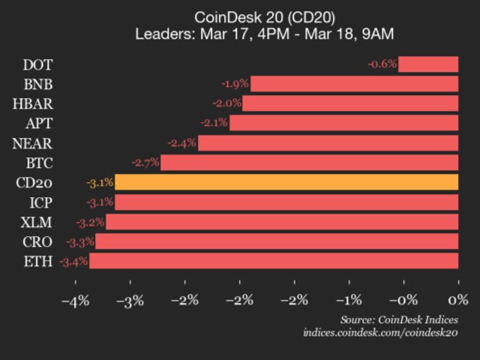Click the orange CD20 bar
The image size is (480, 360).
pos(286,182)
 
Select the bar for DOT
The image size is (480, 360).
pos(428,64)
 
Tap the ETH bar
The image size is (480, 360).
pos(274,261)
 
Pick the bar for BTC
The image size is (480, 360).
pos(309,163)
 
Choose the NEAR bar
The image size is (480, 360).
pos(328,143)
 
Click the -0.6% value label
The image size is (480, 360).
pos(382,64)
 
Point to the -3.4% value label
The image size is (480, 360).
pos(74,261)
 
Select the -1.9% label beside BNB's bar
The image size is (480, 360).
pos(235,84)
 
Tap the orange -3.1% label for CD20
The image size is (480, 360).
pos(99,182)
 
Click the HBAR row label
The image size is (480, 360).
pos(32,104)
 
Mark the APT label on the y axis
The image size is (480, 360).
pos(39,123)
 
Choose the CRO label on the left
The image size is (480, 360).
pos(38,242)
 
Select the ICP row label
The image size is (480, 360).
pos(41,202)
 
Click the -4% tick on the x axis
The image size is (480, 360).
pos(75,301)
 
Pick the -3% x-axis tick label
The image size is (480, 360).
pos(130,301)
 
